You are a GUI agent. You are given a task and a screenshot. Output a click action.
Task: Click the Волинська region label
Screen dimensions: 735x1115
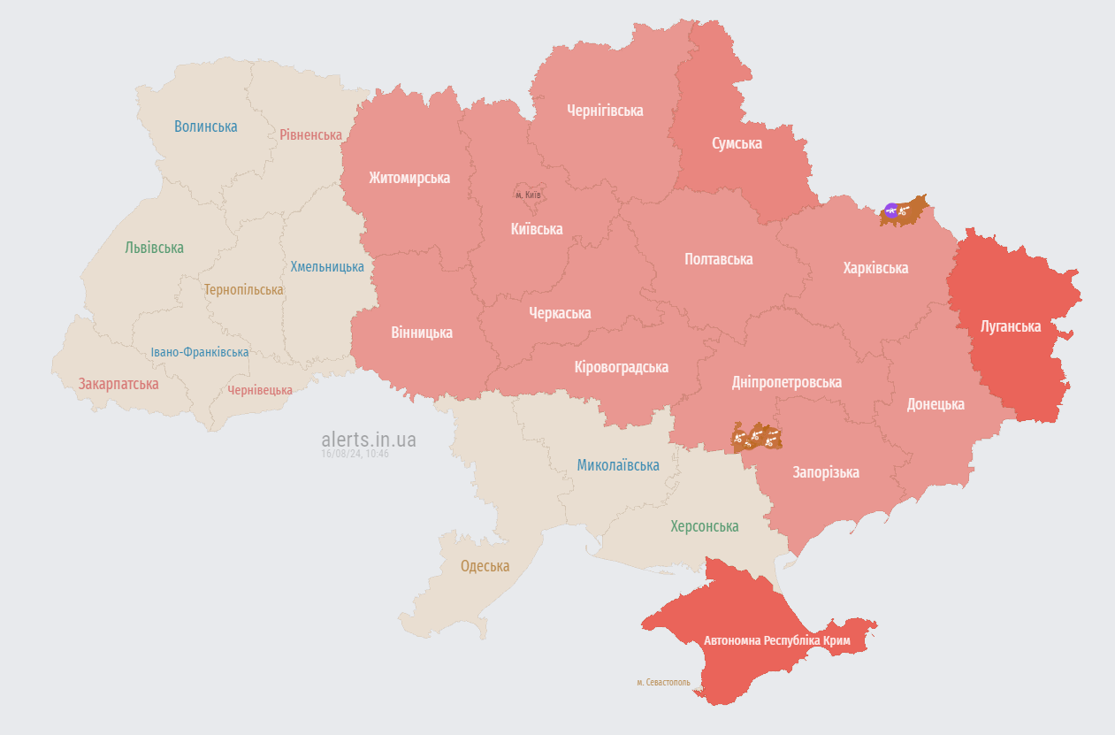(x=205, y=126)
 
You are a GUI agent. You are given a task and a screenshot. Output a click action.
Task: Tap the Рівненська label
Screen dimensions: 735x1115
(x=310, y=135)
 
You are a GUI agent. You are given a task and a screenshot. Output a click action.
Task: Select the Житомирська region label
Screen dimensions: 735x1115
(x=409, y=178)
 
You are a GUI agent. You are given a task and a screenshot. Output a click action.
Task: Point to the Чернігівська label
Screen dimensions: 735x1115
(x=605, y=111)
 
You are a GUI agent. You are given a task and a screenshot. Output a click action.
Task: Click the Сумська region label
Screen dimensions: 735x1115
(x=737, y=143)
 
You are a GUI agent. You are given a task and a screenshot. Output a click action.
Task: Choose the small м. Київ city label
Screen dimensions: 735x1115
(x=528, y=195)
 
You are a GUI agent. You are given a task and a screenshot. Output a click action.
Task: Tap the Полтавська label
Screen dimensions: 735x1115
(x=718, y=259)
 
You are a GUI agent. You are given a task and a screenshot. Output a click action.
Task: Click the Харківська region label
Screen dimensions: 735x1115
(x=875, y=268)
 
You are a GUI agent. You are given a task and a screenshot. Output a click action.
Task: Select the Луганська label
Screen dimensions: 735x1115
(x=1011, y=326)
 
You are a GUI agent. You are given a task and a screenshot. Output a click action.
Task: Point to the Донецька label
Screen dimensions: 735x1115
(x=936, y=404)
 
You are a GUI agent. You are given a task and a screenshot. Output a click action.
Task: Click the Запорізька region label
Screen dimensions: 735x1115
(x=826, y=472)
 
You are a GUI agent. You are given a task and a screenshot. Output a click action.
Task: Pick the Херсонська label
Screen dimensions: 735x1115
(x=704, y=526)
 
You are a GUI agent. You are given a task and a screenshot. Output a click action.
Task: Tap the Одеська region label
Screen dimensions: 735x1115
(x=485, y=566)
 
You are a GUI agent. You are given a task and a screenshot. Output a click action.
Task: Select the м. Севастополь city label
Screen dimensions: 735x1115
(x=663, y=682)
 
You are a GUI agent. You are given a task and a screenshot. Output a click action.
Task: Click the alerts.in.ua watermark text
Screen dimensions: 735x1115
(x=368, y=440)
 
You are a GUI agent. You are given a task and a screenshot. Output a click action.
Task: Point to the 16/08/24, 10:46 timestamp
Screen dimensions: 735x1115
(x=355, y=454)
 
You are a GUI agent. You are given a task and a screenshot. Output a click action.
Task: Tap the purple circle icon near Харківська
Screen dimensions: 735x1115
(x=891, y=210)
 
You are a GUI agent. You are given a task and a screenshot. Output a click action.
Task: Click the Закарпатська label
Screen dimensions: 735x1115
(x=118, y=384)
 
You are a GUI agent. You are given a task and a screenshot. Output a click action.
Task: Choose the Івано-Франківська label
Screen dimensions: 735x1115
(x=199, y=352)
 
